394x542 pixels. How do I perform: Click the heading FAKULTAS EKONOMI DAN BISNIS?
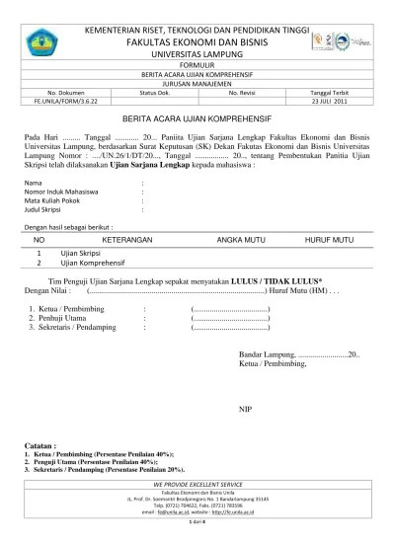(x=197, y=45)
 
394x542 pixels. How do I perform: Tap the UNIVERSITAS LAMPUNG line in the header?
(x=197, y=57)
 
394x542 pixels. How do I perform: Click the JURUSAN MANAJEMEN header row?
(x=197, y=84)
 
